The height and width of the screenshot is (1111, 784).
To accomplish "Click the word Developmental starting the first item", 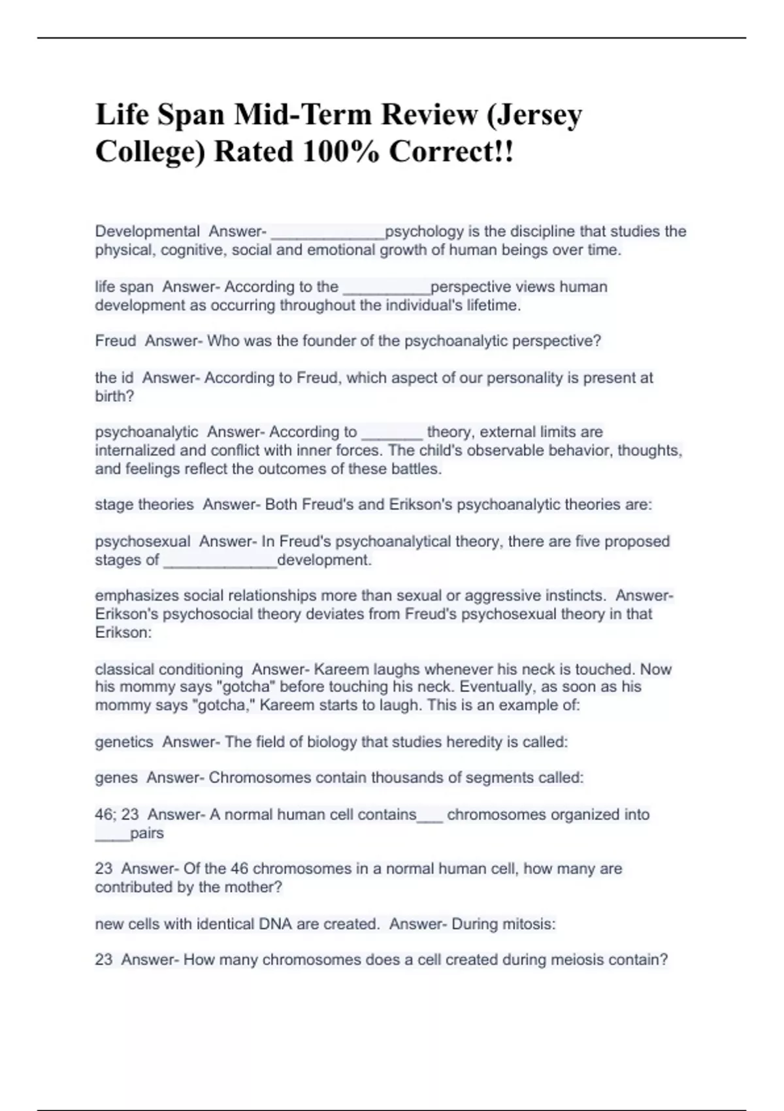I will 148,231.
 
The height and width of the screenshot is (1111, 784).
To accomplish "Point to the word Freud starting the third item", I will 116,341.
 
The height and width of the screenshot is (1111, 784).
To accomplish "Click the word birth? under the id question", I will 114,396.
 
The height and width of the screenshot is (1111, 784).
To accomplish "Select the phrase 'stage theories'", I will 144,505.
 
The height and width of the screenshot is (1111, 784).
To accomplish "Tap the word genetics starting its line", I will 124,742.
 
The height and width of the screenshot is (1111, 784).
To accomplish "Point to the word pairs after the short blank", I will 147,833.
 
